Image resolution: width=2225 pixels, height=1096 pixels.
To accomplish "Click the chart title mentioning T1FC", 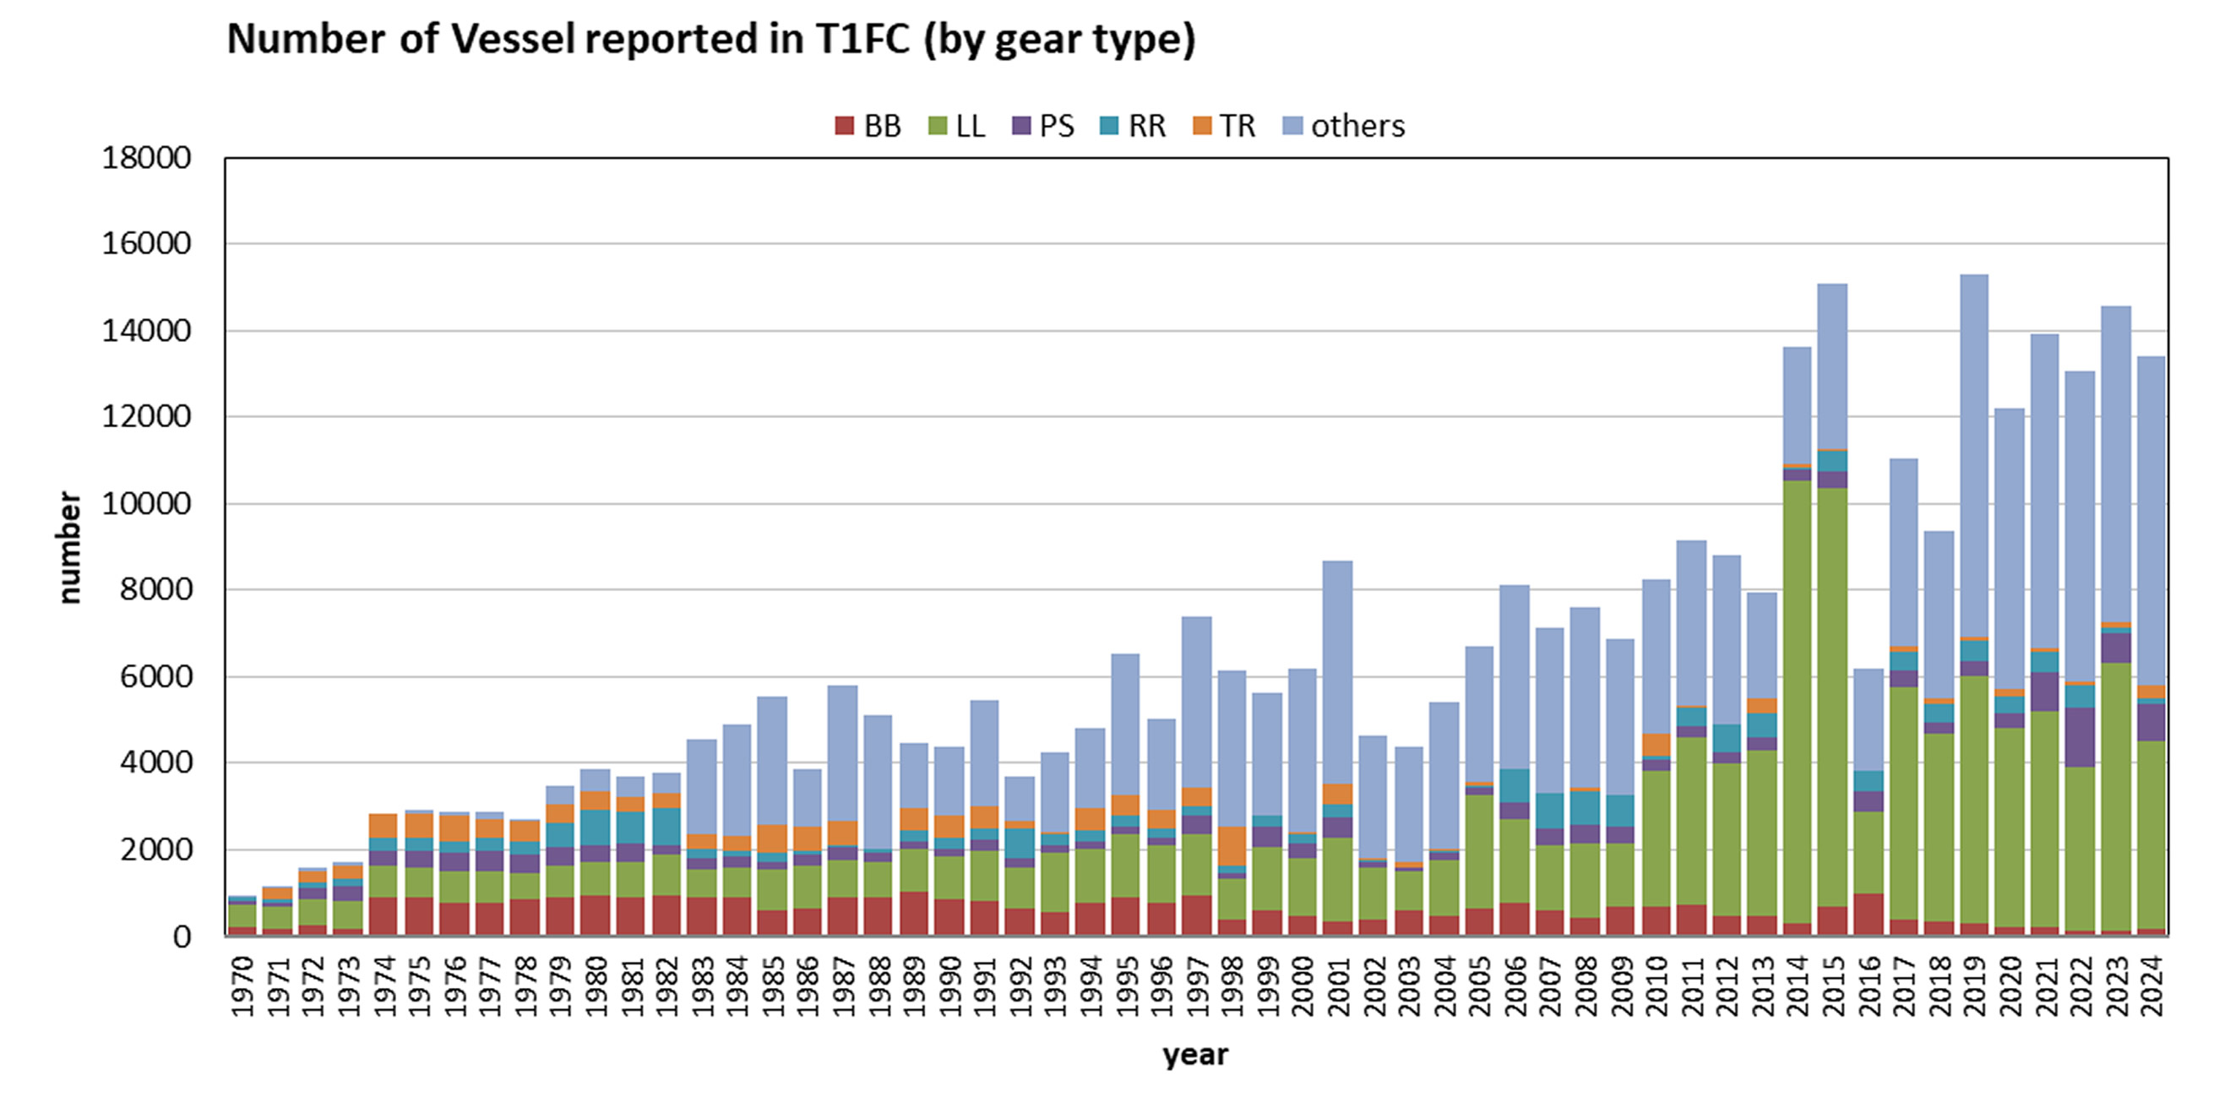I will (x=711, y=40).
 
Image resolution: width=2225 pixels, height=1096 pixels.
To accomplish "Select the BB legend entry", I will (x=868, y=126).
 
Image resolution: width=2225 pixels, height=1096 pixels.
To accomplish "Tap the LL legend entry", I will (x=957, y=126).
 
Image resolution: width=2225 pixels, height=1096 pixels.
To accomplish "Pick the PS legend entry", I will (x=1043, y=126).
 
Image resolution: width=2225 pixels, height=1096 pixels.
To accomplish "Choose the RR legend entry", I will (x=1134, y=126).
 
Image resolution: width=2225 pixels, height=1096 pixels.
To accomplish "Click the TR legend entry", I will (x=1224, y=126).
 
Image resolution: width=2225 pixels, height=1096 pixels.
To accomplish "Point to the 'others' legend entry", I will (x=1345, y=126).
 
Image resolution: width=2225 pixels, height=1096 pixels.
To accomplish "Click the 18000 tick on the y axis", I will (x=146, y=158).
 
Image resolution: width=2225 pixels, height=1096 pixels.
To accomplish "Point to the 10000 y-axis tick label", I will (x=146, y=503).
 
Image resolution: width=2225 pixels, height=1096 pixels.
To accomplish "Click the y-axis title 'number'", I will (x=69, y=547).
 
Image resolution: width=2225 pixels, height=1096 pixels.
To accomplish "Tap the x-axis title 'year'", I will (x=1194, y=1055).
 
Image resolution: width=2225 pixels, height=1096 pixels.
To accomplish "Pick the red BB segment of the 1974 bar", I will (x=384, y=916).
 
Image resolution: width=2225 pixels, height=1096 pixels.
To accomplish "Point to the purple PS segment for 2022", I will (x=2080, y=736).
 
